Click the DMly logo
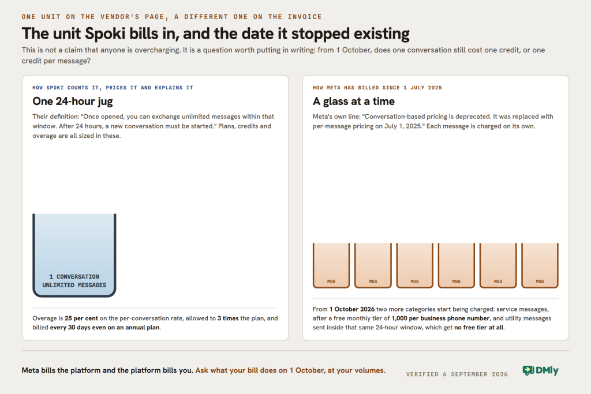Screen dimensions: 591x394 tap(540, 371)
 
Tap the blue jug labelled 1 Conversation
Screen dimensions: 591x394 tap(74, 255)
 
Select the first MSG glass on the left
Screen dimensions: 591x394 tap(331, 265)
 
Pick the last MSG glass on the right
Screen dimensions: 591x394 tap(540, 265)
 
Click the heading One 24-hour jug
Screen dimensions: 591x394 tap(72, 102)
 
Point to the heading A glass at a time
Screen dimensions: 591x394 tap(354, 102)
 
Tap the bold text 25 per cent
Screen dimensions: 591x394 tap(81, 318)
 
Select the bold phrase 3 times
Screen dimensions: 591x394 tap(227, 318)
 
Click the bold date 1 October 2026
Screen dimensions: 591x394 tap(352, 309)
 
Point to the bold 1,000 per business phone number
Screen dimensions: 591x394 tap(440, 318)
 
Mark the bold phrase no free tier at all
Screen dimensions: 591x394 tap(478, 327)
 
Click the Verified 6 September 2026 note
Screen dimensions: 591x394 tap(457, 374)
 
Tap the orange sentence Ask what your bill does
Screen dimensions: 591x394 tap(290, 370)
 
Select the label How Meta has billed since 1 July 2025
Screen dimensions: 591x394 tap(377, 88)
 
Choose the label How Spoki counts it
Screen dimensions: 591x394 tap(113, 88)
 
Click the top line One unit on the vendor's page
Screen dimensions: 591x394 tap(171, 17)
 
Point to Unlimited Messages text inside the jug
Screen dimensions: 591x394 tap(74, 285)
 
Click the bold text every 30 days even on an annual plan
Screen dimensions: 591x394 tap(105, 327)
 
